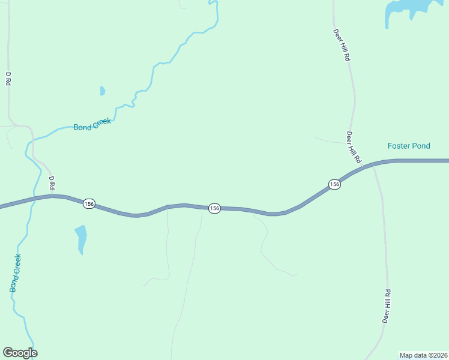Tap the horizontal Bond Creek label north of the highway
coord(92,124)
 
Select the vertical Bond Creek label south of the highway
coord(16,273)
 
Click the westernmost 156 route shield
coord(89,204)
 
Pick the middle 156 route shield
coord(214,208)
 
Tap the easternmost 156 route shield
coord(334,184)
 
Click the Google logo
coord(20,353)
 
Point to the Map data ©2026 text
coord(423,355)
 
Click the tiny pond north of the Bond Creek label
coord(103,91)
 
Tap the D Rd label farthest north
coord(8,79)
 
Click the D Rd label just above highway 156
coord(52,182)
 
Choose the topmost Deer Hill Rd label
coord(341,46)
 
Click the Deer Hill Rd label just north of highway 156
coord(354,148)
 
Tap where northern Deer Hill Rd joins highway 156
coord(362,166)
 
